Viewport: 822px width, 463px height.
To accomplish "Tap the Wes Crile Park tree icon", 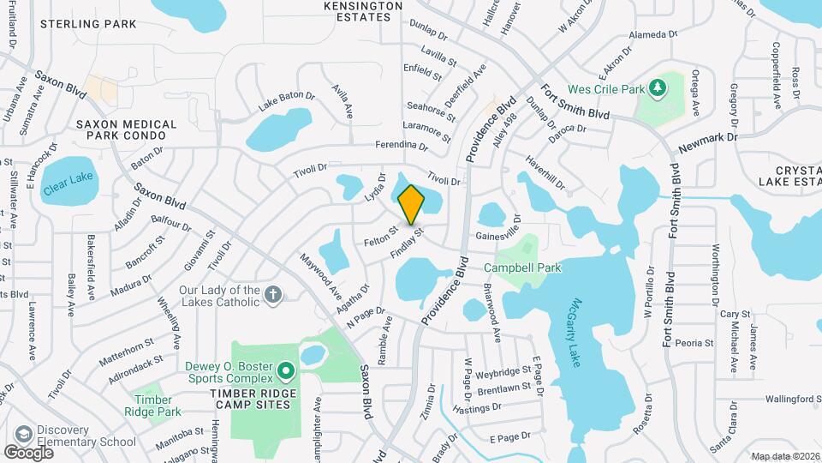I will coord(657,87).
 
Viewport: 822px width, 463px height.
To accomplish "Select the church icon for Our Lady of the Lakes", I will coord(272,295).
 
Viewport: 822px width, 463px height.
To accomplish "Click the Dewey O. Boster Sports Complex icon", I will coord(285,371).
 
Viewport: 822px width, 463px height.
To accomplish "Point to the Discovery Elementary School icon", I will coord(23,433).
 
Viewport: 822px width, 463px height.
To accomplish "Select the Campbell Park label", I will coord(528,268).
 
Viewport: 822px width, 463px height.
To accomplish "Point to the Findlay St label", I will coord(407,243).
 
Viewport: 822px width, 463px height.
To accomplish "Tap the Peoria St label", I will coord(694,343).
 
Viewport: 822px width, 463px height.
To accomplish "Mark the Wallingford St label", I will coord(775,399).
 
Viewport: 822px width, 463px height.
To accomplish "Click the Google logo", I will coord(28,451).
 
